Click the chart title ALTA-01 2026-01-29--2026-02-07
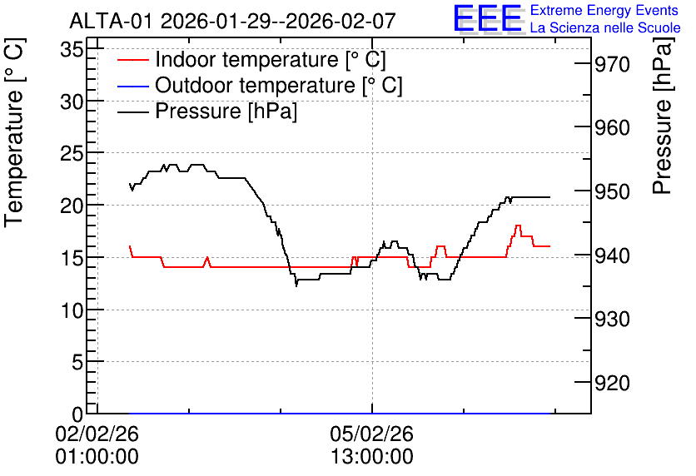coord(232,21)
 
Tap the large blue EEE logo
coord(488,18)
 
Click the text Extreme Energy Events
coord(604,10)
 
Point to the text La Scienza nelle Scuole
coord(605,27)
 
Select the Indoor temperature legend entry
coord(251,59)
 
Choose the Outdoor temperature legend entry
coord(260,85)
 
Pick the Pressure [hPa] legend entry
coord(207,111)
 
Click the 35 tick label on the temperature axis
coord(72,50)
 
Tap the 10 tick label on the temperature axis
coord(72,310)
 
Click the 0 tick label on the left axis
coord(77,414)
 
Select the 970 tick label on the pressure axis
coord(612,65)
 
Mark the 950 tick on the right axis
coord(612,192)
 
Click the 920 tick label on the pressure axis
coord(612,383)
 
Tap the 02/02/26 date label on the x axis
coord(97,434)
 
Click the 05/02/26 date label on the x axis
coord(371,434)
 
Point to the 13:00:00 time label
coord(371,457)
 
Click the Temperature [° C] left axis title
coord(14,132)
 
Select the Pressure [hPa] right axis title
coord(663,116)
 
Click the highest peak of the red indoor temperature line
coord(518,226)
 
